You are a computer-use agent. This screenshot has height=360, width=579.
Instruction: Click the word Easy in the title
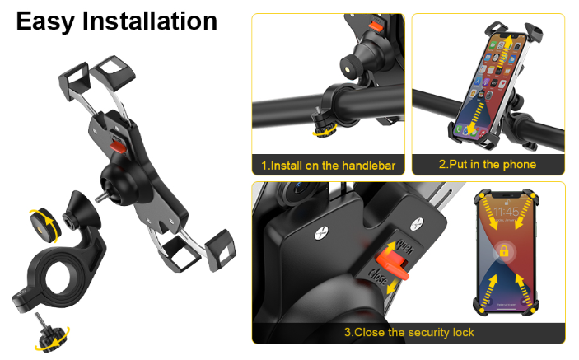45,21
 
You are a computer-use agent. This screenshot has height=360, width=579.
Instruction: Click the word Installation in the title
150,21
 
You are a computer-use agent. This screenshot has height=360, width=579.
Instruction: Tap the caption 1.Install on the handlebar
329,166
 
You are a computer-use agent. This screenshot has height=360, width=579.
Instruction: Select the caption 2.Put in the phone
488,164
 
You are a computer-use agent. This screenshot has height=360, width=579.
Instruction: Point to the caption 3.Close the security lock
409,332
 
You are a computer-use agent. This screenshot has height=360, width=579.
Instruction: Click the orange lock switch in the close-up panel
392,263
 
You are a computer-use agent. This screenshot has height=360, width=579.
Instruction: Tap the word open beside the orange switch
405,246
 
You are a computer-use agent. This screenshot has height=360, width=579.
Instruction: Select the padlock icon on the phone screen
504,251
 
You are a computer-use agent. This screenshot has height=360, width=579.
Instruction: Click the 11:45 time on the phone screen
507,212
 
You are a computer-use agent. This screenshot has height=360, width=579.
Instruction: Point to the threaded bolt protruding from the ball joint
100,197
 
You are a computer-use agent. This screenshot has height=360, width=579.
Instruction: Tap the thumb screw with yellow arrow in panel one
324,124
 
